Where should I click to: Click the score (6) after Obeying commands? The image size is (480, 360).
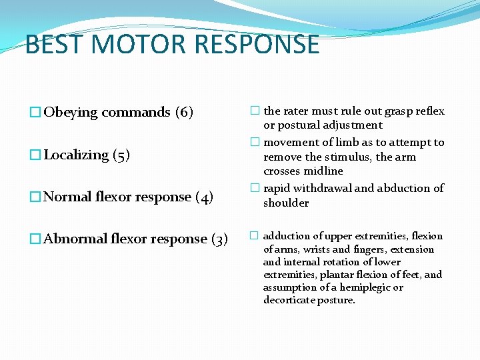(184, 112)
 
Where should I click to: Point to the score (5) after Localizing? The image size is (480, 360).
(121, 155)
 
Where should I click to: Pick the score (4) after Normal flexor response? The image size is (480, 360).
(205, 197)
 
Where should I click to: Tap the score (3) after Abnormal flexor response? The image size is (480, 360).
(219, 239)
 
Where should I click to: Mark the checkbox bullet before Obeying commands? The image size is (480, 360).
(36, 112)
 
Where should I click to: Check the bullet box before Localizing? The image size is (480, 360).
(36, 155)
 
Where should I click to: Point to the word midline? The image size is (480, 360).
(324, 171)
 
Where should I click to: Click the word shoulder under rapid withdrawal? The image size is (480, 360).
(286, 203)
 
